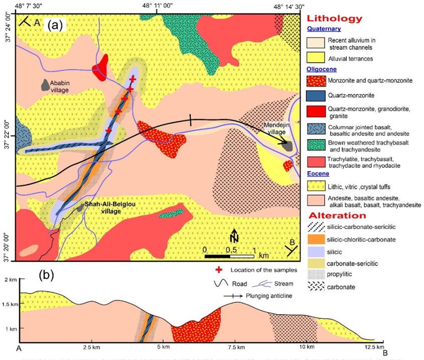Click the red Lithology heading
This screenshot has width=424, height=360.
(x=334, y=19)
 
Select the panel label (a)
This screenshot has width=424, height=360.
(x=54, y=24)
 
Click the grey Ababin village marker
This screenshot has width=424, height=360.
(x=45, y=85)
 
